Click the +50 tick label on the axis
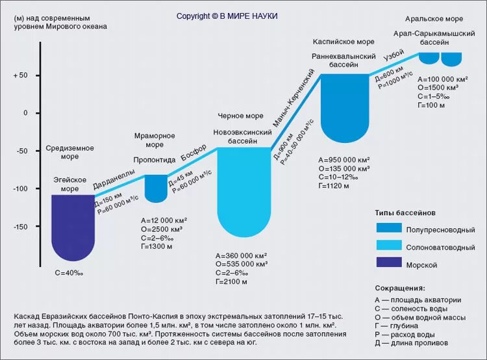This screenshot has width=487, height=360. point(20,75)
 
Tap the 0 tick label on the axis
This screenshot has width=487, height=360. point(26,113)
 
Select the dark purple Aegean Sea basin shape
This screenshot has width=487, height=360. point(73,224)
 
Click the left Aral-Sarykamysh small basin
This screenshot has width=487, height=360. point(429,58)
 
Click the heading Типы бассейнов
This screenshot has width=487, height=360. point(405,212)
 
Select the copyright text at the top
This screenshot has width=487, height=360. point(227,16)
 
